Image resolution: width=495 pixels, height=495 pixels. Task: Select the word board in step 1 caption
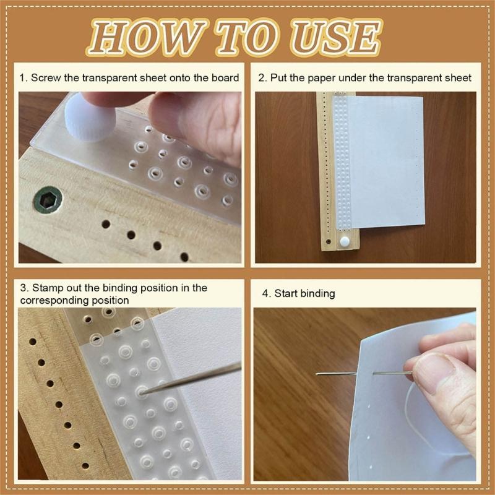pos(225,78)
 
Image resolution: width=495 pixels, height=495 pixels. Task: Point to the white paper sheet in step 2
pos(390,167)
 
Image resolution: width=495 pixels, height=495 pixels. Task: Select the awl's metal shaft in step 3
pos(198,377)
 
